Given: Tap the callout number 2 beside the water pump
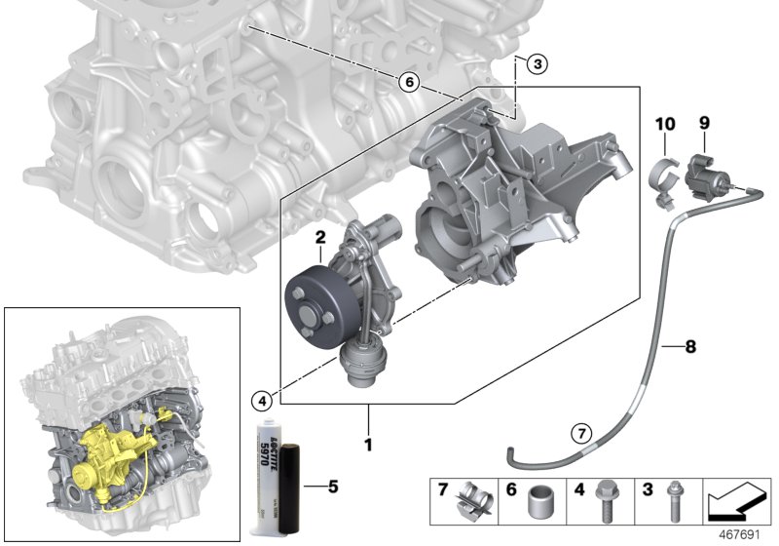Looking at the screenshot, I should coord(318,237).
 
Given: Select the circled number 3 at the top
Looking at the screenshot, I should coord(538,65).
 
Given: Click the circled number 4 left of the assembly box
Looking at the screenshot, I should coord(259,400).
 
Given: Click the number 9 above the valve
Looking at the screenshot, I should coord(704,124).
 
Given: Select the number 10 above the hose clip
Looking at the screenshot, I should coord(665,124).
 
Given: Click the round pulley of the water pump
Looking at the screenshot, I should coord(314,293).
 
